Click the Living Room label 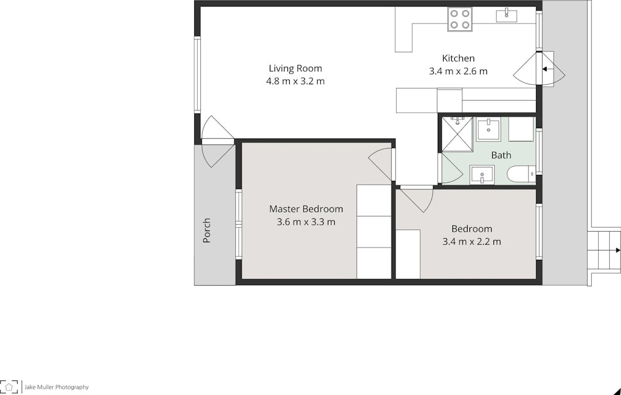(295, 68)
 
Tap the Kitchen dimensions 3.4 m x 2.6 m (458, 71)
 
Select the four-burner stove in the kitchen (459, 19)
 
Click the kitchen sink (506, 16)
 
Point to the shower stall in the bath (457, 133)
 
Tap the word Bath (501, 155)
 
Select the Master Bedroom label (306, 209)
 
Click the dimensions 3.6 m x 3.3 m (306, 222)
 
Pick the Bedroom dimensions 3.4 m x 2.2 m (471, 241)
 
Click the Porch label (207, 231)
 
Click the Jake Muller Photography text (56, 387)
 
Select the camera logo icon (9, 386)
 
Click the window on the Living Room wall (197, 74)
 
